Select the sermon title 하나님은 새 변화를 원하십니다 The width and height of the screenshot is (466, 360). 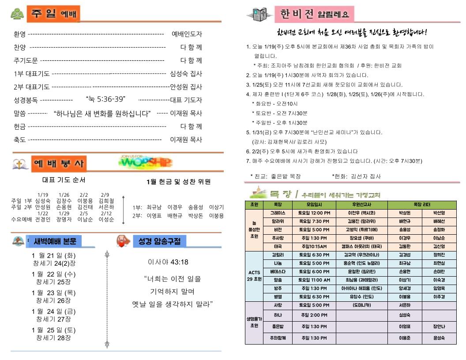point(102,113)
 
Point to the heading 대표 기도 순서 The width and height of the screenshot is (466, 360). point(64,180)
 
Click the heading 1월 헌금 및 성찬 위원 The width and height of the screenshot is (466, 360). point(178,182)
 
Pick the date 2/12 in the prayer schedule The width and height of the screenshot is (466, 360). point(106,214)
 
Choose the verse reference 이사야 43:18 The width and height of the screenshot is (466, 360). point(168,262)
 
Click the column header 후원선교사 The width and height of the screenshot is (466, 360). point(361,205)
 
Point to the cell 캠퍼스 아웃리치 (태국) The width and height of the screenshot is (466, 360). point(361,246)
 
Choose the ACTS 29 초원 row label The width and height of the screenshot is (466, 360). point(254,275)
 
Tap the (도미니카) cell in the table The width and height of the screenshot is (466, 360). point(361,305)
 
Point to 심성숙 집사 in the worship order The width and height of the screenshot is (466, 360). point(186,74)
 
